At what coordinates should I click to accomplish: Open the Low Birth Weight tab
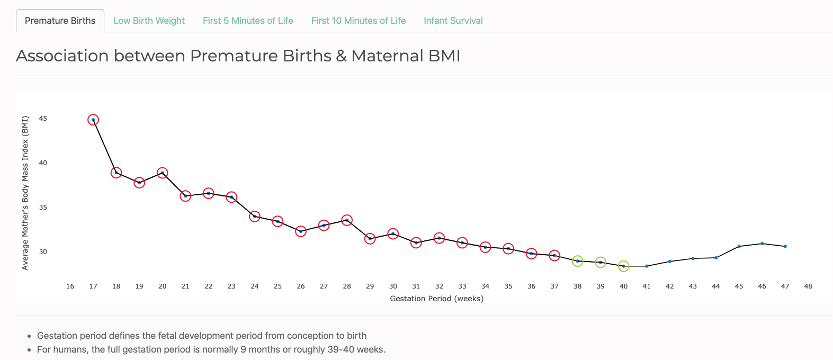[149, 21]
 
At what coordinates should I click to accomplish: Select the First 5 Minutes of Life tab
[248, 21]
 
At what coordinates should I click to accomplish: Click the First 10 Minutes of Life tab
[358, 21]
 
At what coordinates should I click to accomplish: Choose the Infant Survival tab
[453, 21]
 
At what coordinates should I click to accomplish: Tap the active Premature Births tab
[60, 21]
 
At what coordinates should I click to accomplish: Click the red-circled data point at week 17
[93, 120]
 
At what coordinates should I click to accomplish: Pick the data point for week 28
[347, 220]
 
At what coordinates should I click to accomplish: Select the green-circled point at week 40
[624, 266]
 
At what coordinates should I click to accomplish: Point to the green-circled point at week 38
[578, 261]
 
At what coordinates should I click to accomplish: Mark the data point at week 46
[762, 244]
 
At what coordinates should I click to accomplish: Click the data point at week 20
[163, 173]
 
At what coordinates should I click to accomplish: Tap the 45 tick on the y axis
[43, 119]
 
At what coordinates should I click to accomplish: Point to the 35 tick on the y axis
[43, 208]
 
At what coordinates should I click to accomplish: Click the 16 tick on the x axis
[70, 286]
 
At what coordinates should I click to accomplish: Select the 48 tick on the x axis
[808, 286]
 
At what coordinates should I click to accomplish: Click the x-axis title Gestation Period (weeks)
[436, 299]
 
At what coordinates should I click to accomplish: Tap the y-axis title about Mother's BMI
[25, 193]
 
